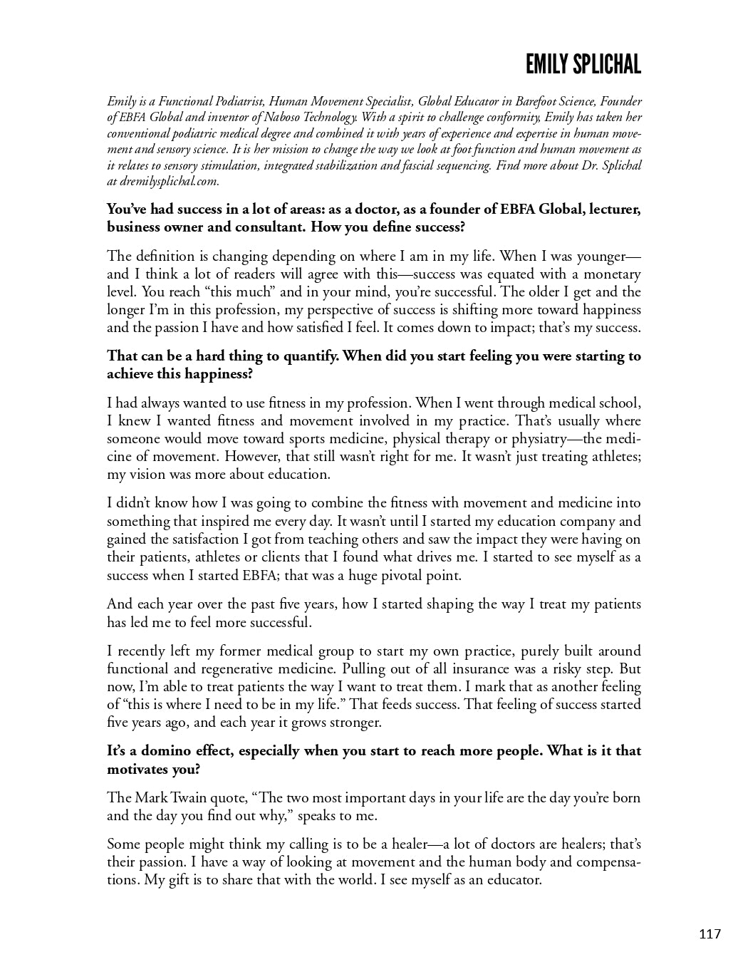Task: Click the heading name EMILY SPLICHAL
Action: pyautogui.click(x=583, y=65)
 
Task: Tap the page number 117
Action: pyautogui.click(x=710, y=933)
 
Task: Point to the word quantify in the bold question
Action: pyautogui.click(x=310, y=356)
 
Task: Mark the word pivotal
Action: pyautogui.click(x=395, y=575)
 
